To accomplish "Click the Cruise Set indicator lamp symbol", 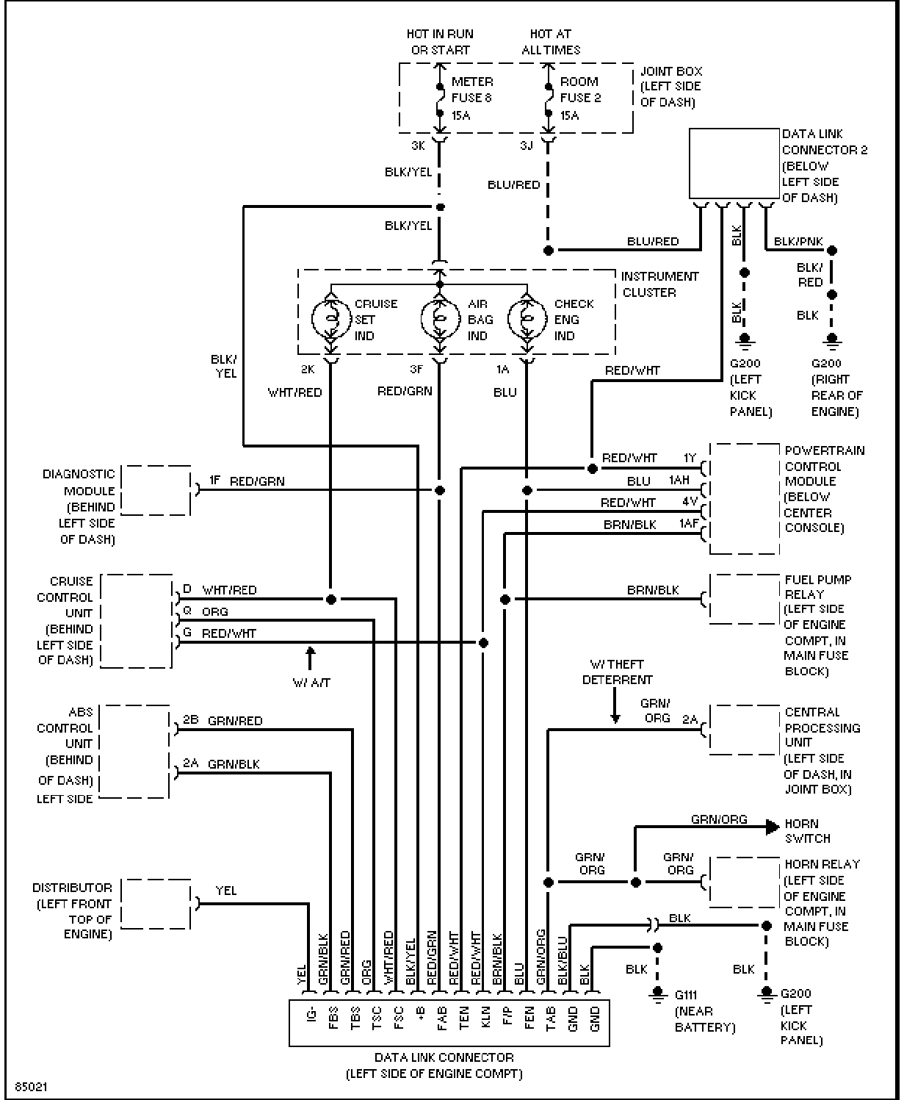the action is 331,319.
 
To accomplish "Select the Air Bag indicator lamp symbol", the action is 440,319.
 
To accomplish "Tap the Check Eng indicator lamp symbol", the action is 527,319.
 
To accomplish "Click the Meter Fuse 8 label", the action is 471,98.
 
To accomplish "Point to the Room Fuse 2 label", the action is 580,98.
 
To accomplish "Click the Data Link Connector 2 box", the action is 734,163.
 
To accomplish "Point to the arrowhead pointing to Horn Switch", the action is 773,827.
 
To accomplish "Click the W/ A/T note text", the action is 312,682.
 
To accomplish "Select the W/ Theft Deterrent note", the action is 618,672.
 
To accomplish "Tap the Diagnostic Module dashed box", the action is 156,490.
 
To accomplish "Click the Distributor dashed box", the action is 156,904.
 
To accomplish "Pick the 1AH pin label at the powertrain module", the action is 679,480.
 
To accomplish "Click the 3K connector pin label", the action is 418,145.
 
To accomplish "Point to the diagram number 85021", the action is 32,1087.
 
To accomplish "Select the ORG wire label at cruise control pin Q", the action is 214,611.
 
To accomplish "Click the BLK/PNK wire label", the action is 798,242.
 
